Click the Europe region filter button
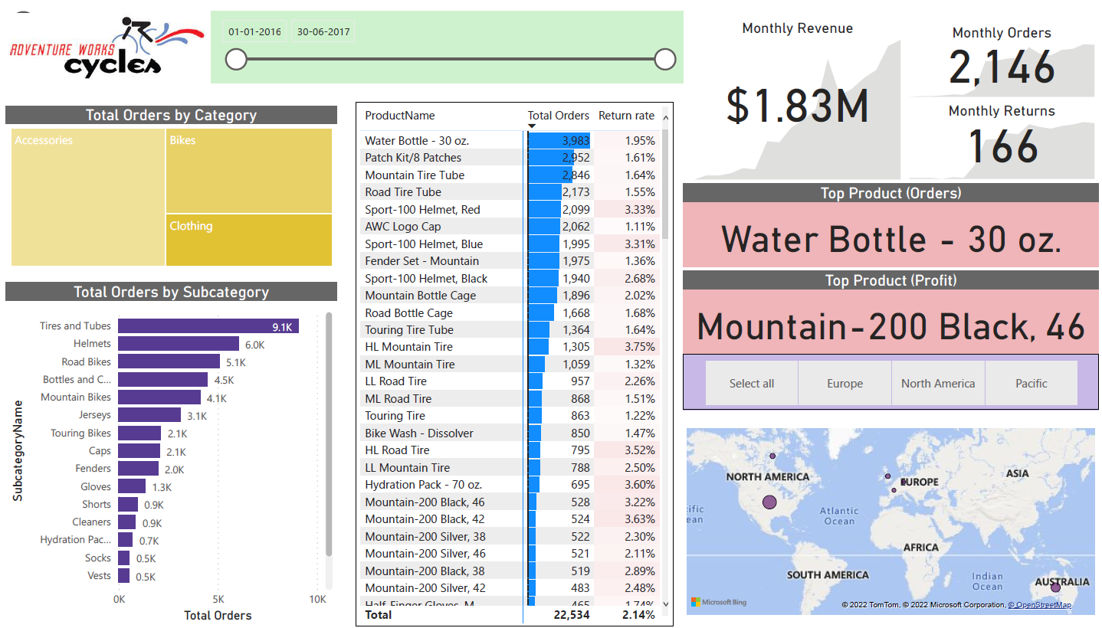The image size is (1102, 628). [x=845, y=383]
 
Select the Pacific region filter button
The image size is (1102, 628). [x=1031, y=383]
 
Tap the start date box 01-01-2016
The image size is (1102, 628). [x=254, y=32]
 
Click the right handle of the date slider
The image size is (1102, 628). [x=665, y=59]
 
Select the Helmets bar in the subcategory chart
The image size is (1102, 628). [x=179, y=344]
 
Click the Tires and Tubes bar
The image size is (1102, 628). [x=207, y=326]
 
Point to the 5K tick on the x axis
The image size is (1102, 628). [x=218, y=599]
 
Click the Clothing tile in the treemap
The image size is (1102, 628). [x=249, y=240]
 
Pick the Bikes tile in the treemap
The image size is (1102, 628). [x=249, y=171]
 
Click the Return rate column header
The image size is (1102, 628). [x=626, y=116]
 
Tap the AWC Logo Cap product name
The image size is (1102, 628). [x=403, y=227]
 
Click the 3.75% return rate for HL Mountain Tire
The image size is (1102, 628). [x=639, y=347]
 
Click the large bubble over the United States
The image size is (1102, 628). [x=769, y=502]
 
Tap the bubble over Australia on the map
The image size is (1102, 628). [x=1055, y=587]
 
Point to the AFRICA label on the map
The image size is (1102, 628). [x=920, y=547]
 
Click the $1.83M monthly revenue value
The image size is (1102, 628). [x=797, y=106]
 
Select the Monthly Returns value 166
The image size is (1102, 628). [x=1003, y=146]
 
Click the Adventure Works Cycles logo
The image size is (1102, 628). [x=106, y=47]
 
